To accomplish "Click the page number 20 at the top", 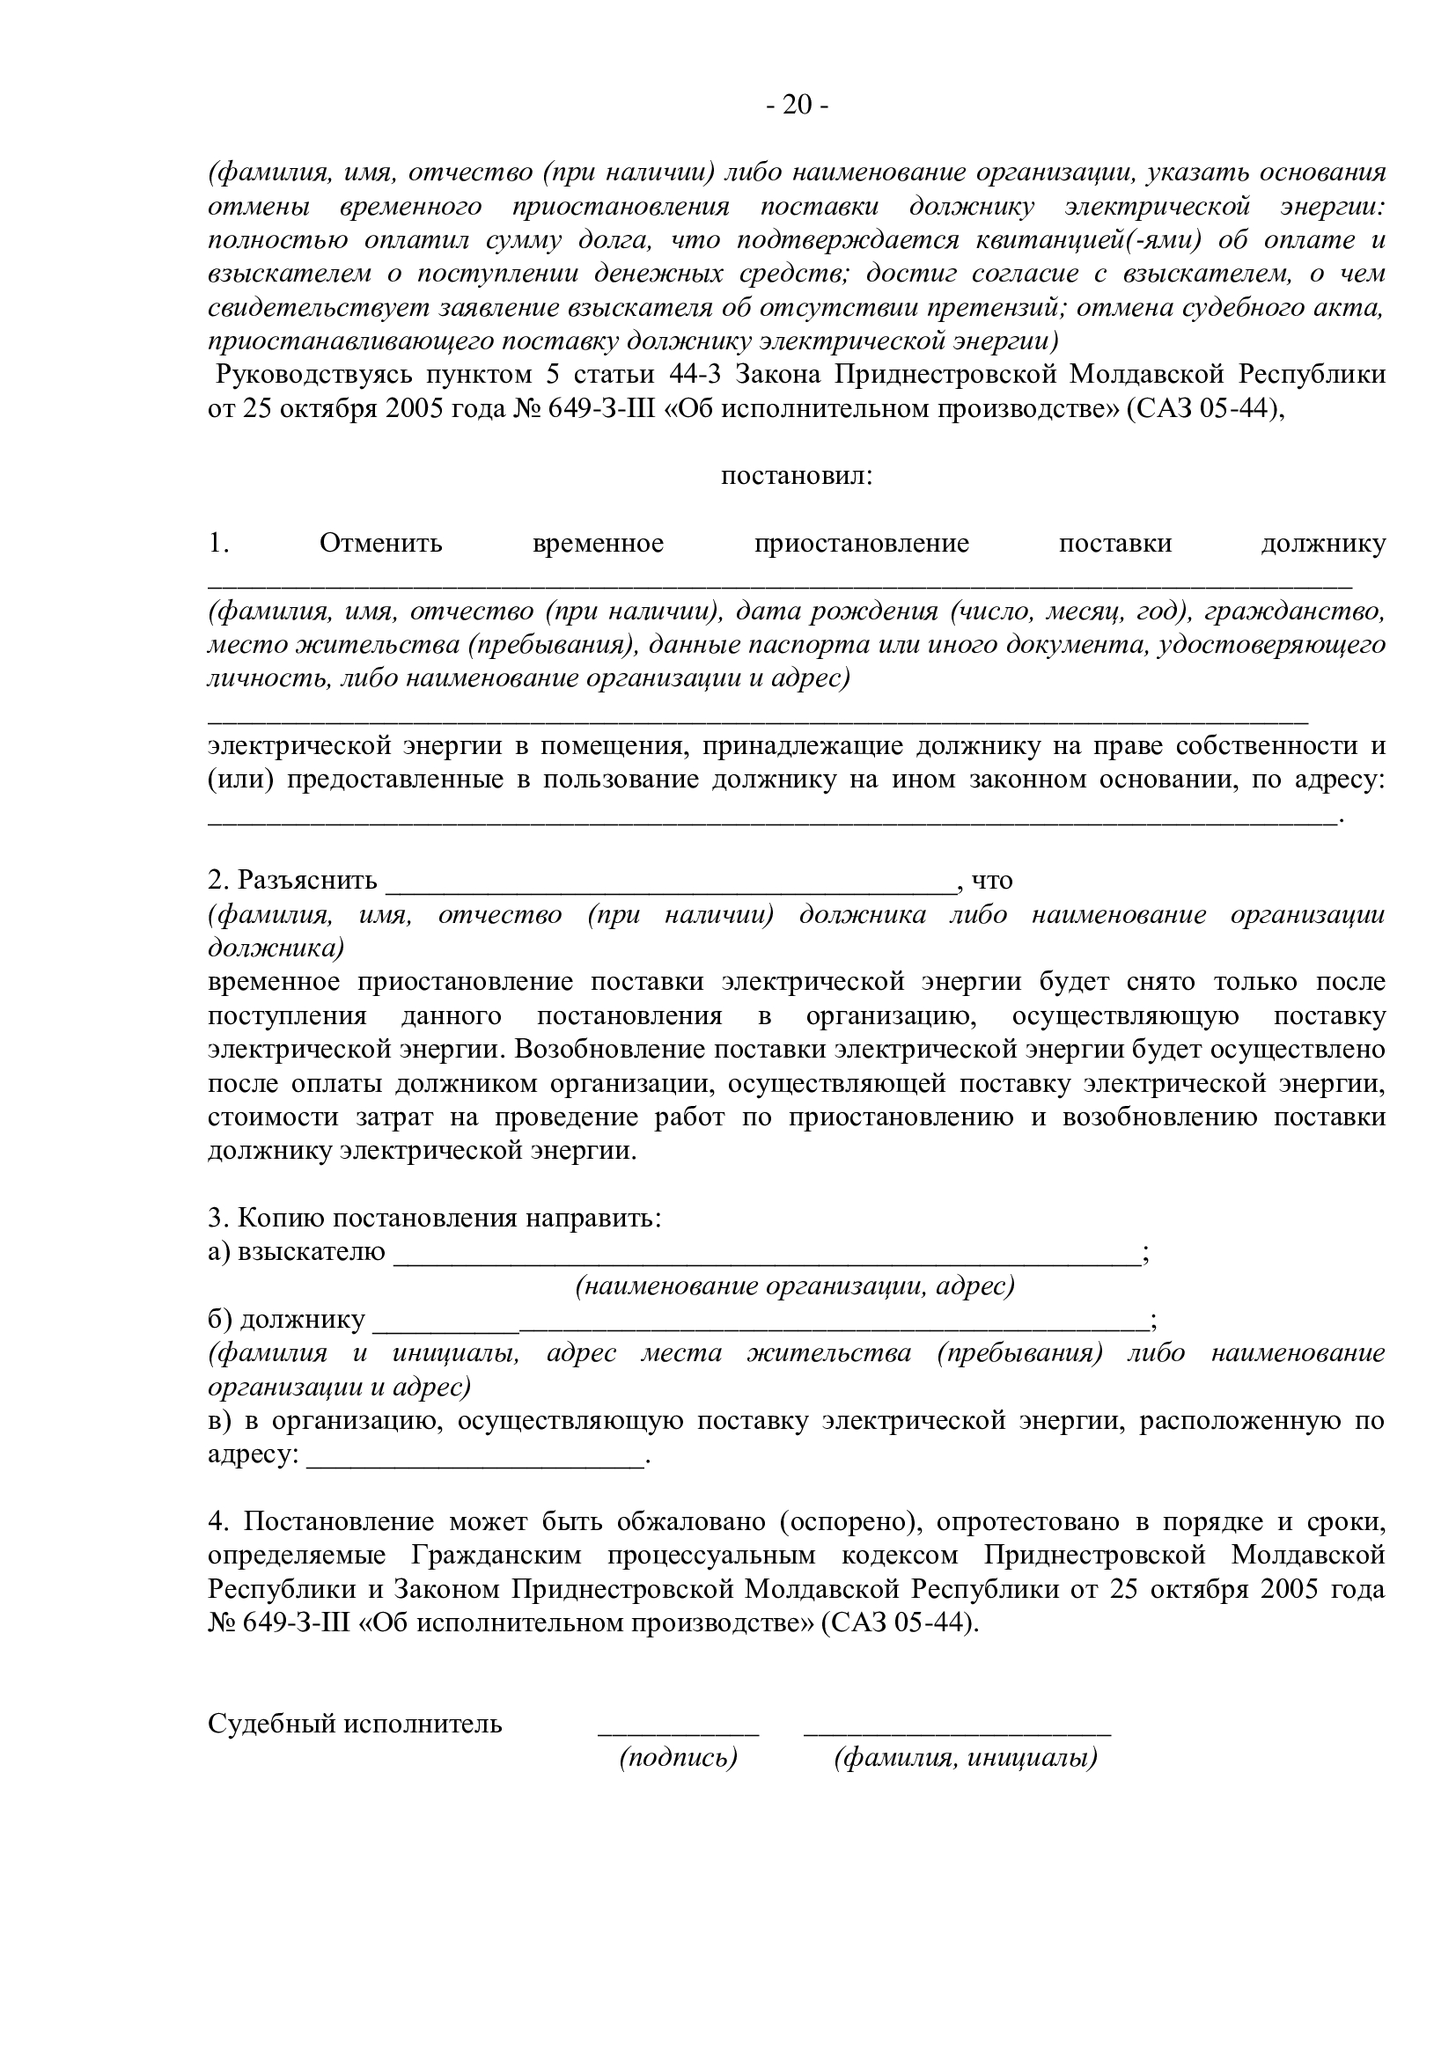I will [797, 106].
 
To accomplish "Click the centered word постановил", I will [796, 476].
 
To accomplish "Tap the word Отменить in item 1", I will [381, 544].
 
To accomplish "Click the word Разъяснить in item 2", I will [306, 881].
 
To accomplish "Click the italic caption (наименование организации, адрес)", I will [794, 1287].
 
